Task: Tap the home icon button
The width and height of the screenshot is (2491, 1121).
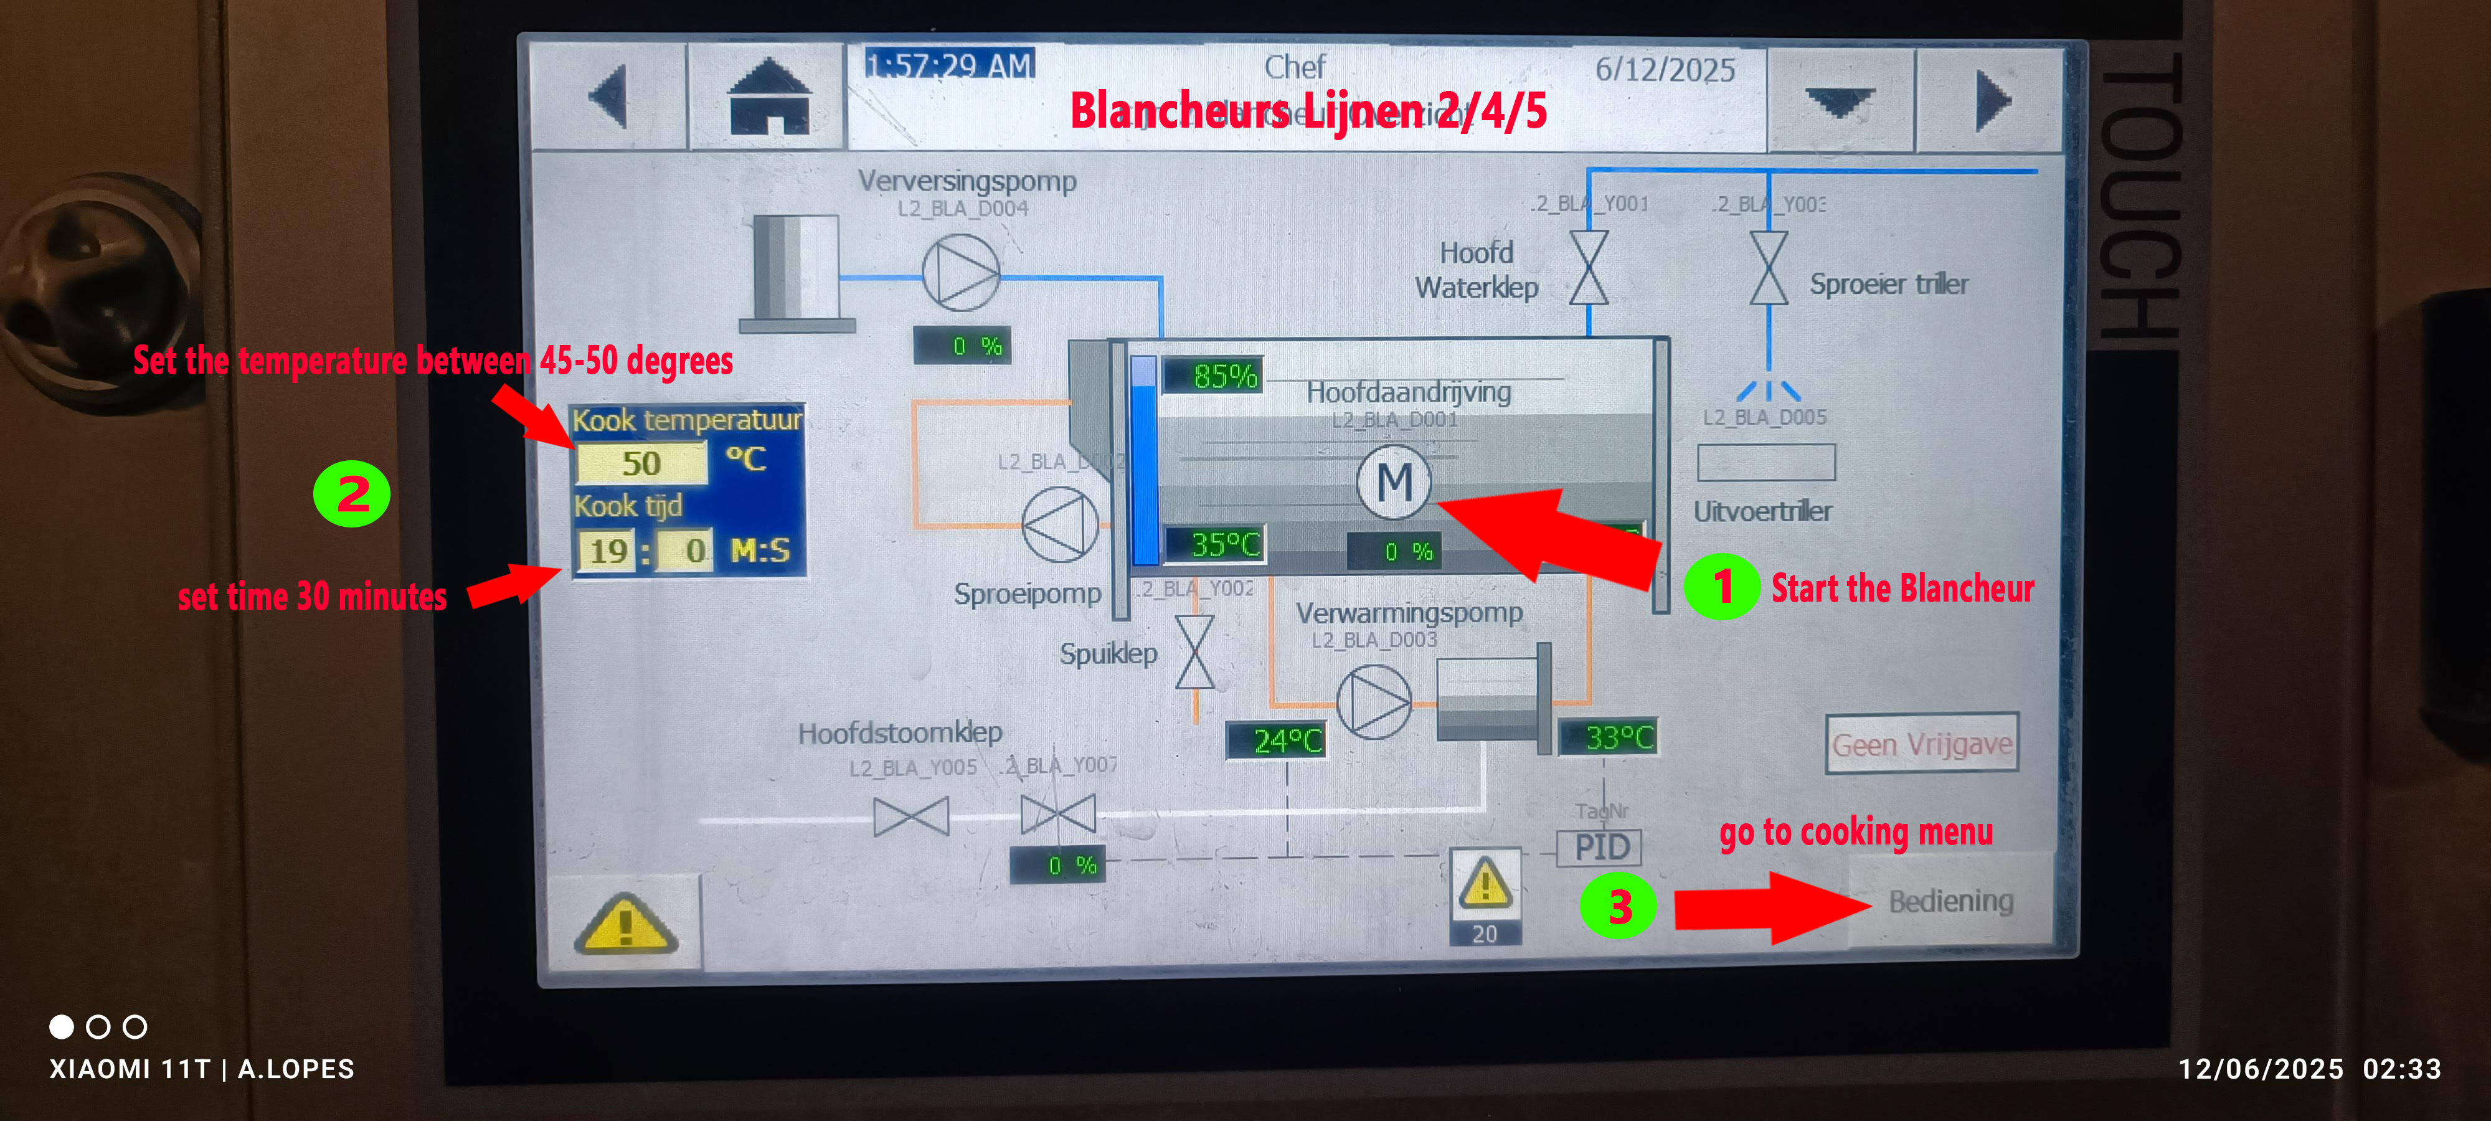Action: pos(768,97)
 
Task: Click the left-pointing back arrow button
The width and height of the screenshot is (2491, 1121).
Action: pos(609,97)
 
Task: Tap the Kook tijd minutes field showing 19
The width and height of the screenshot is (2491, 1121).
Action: pos(607,551)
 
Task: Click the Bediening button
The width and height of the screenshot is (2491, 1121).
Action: pos(1950,901)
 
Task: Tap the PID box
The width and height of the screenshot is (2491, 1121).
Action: pos(1601,847)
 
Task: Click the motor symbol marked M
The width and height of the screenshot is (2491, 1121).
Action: pos(1394,481)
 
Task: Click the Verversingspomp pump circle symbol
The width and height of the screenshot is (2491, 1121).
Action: pos(960,273)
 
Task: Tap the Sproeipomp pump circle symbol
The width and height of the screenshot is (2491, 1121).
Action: pos(1060,525)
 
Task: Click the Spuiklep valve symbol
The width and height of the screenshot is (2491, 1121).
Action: pos(1195,653)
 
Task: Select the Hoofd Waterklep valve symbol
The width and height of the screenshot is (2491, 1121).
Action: pos(1589,268)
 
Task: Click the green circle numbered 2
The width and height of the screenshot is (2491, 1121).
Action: pos(352,493)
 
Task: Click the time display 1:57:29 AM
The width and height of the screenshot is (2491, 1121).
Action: pos(950,65)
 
